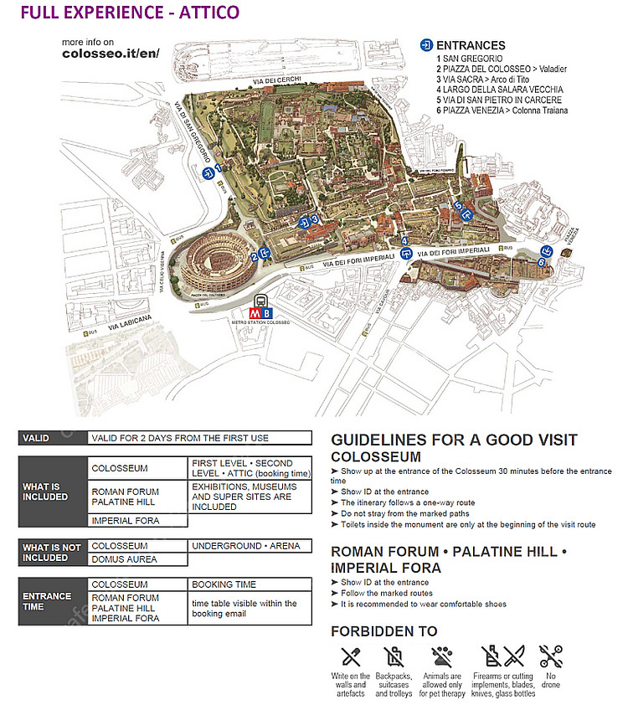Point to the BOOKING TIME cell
point(224,584)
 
